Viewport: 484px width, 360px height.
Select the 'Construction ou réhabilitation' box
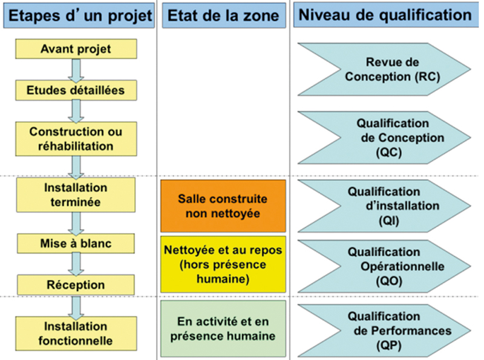[x=76, y=139]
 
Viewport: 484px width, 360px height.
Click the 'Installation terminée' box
[x=76, y=195]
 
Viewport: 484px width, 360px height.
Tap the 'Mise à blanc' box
[x=76, y=244]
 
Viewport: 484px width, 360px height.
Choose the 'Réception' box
[x=76, y=284]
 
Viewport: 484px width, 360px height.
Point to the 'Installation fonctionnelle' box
[x=76, y=333]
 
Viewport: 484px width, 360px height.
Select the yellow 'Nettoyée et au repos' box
[x=223, y=264]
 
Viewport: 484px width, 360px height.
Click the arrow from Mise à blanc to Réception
[x=76, y=264]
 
